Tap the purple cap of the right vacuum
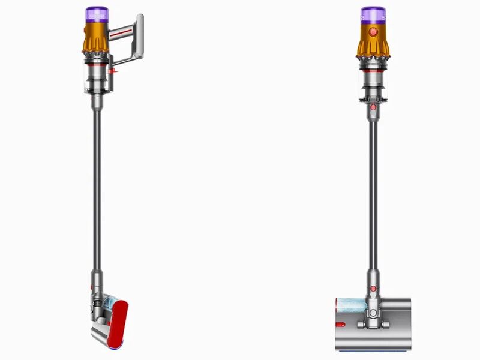372,14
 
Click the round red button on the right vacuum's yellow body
373,31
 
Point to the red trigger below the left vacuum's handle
116,73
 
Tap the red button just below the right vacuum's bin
373,107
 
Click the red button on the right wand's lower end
373,289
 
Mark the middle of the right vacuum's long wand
373,192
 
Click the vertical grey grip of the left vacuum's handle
140,37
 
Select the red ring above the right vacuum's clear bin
373,70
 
